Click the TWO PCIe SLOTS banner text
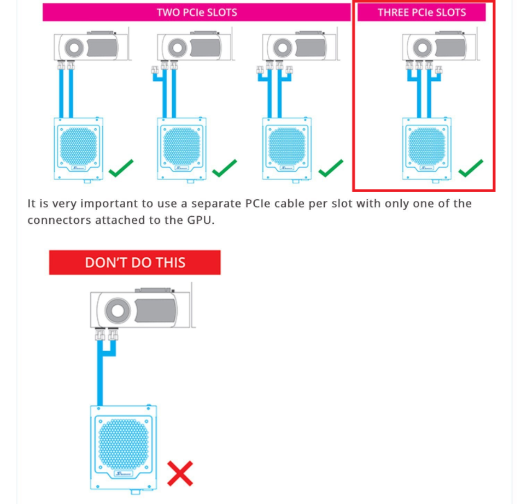click(x=197, y=13)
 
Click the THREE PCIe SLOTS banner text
click(x=422, y=13)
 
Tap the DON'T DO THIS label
click(x=135, y=262)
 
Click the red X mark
click(x=180, y=473)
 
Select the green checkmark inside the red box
click(x=471, y=168)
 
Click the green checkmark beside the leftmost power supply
click(x=121, y=168)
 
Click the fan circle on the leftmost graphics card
click(x=74, y=48)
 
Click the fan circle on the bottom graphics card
click(x=118, y=310)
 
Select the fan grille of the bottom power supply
click(x=124, y=444)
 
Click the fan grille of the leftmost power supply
click(x=78, y=146)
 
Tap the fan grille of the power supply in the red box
click(x=426, y=146)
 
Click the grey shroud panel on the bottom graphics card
click(x=156, y=311)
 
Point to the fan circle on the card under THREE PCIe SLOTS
click(x=423, y=48)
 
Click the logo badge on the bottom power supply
click(x=124, y=473)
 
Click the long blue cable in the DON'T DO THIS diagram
click(x=100, y=373)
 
